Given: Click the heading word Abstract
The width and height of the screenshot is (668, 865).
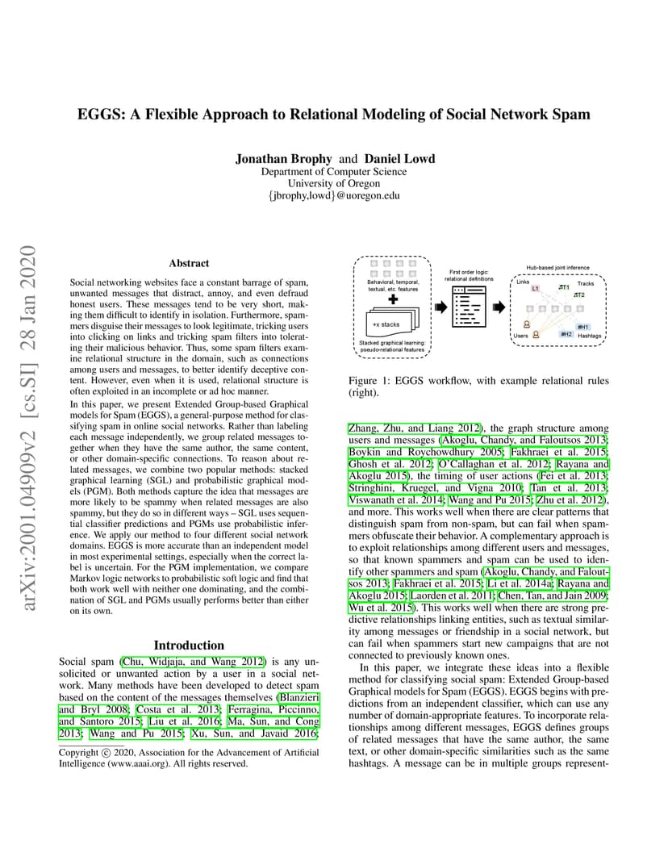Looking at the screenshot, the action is pyautogui.click(x=189, y=263).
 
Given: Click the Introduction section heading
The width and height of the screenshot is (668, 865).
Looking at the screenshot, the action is pyautogui.click(x=189, y=646).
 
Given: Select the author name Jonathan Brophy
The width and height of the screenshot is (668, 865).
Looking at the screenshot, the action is pyautogui.click(x=283, y=159).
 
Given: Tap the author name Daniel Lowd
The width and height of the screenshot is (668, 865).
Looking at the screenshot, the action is pyautogui.click(x=399, y=159).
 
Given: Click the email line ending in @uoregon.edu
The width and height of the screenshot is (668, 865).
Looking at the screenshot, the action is pyautogui.click(x=334, y=195).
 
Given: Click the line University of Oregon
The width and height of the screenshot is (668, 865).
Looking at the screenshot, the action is pyautogui.click(x=334, y=183).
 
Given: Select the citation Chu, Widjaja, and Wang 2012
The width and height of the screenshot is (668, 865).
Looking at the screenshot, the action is pyautogui.click(x=193, y=662).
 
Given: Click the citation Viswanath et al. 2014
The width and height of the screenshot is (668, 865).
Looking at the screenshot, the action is pyautogui.click(x=396, y=500).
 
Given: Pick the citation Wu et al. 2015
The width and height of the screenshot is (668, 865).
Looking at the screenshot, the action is pyautogui.click(x=381, y=608).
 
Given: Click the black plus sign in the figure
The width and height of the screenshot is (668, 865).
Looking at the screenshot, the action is pyautogui.click(x=393, y=299).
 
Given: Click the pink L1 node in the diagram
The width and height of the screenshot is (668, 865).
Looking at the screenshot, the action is pyautogui.click(x=535, y=289).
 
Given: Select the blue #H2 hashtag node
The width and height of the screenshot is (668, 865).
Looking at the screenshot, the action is pyautogui.click(x=566, y=334).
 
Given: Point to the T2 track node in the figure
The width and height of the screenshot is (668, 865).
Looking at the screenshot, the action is pyautogui.click(x=578, y=295).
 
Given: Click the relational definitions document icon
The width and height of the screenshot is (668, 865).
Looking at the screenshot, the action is pyautogui.click(x=469, y=307).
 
